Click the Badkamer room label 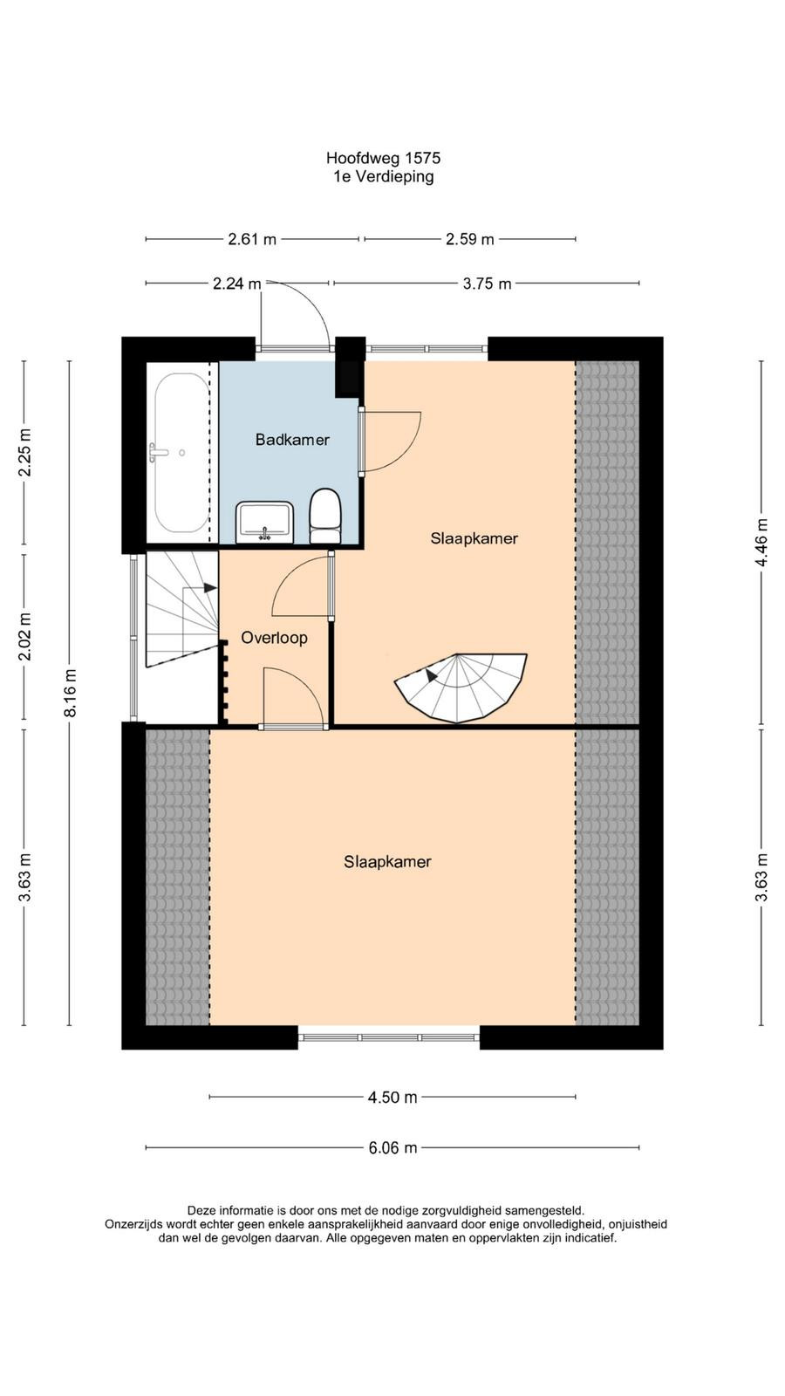point(292,440)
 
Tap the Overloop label point(274,638)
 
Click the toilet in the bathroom point(324,516)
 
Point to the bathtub point(182,453)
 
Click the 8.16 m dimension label point(71,693)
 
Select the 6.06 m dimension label point(392,1147)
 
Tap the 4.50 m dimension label point(392,1097)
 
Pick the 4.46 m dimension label point(761,542)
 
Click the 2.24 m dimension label point(236,284)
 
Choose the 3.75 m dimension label point(488,284)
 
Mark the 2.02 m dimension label point(24,636)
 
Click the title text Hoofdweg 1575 point(383,158)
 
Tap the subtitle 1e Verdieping point(383,176)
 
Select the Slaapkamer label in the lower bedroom point(387,861)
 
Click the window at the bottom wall point(389,1037)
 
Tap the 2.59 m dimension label point(470,239)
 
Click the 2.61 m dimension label point(252,239)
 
